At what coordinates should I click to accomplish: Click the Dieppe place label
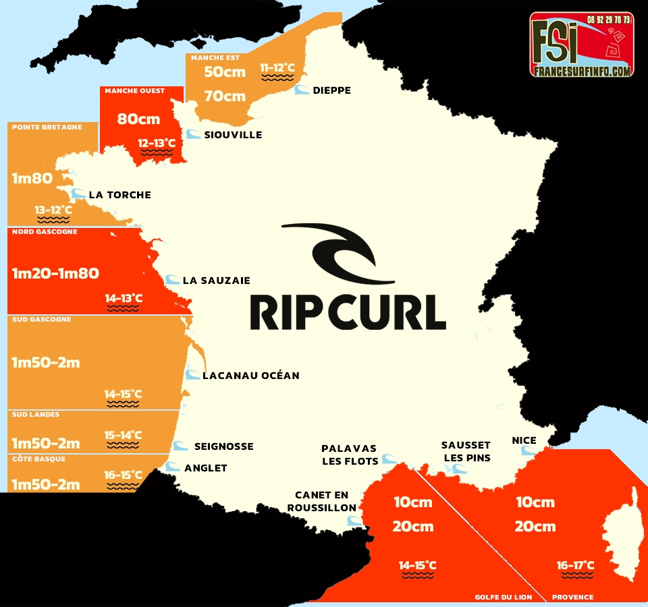coord(331,90)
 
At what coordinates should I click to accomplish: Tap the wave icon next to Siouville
coord(193,134)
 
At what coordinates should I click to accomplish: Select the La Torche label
coord(119,195)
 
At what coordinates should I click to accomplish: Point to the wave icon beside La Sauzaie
coord(173,280)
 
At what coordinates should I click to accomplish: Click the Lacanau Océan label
coord(250,375)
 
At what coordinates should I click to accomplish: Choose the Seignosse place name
coord(223,446)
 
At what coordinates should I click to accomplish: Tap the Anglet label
coord(205,468)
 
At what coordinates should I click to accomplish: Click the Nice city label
coord(524,440)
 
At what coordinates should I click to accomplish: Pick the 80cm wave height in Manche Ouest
coord(138,119)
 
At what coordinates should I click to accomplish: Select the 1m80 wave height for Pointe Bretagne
coord(32,179)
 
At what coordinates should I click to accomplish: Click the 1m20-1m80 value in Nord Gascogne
coord(55,273)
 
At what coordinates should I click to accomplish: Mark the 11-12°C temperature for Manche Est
coord(277,67)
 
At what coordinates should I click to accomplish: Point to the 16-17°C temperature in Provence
coord(575,565)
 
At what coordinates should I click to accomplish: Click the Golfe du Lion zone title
coord(503,597)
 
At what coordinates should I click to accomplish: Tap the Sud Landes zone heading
coord(36,415)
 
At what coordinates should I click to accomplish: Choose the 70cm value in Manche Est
coord(225,96)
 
